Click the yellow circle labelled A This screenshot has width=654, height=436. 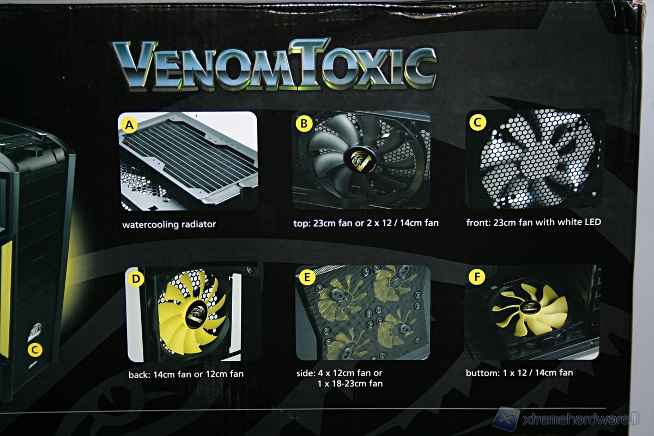[129, 125]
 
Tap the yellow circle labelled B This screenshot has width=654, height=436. [304, 124]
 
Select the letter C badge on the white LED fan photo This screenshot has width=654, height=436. [477, 123]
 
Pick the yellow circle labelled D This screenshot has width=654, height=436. [136, 279]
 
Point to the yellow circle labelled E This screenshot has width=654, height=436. [307, 277]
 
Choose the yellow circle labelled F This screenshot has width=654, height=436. [477, 276]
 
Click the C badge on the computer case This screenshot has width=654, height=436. [35, 350]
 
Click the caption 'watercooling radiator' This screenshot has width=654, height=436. [169, 225]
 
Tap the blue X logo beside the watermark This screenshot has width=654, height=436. [506, 419]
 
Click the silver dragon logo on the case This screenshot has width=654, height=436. [35, 332]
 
